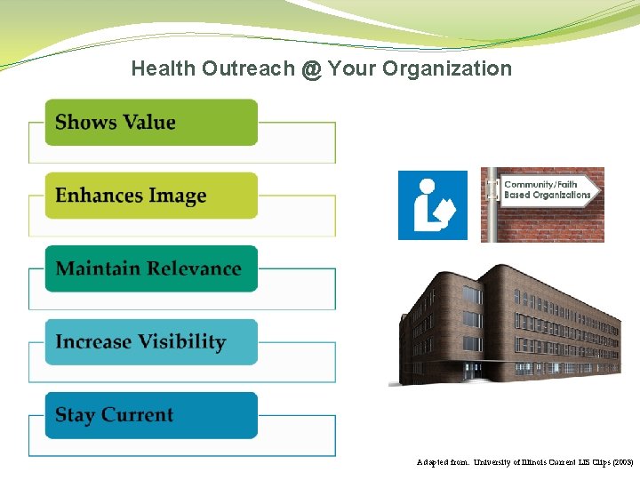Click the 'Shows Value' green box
coord(151,123)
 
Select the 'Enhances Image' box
coord(151,196)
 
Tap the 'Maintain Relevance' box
coord(151,268)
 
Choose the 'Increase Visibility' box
coord(151,342)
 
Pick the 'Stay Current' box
coord(151,415)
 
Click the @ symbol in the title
coord(310,69)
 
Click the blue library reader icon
coord(432,205)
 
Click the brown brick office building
coord(507,324)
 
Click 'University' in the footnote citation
coord(495,463)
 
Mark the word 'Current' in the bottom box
coord(138,415)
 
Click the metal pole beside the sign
coord(491,205)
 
